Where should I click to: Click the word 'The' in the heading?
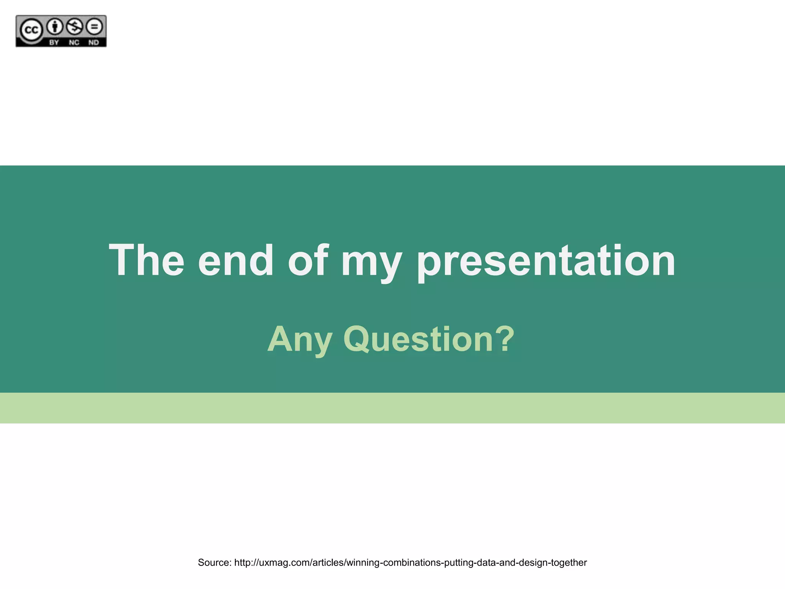click(x=146, y=261)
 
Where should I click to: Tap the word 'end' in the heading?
click(x=236, y=261)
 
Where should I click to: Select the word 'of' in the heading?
click(x=308, y=261)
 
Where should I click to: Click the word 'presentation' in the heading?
click(x=546, y=263)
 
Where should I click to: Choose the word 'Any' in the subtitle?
click(x=299, y=340)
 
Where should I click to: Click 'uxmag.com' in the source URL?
click(x=284, y=563)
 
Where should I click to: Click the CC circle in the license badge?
click(x=31, y=30)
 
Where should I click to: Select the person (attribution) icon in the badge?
click(x=55, y=26)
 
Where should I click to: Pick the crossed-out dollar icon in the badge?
click(x=74, y=26)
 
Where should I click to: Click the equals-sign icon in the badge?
click(x=94, y=26)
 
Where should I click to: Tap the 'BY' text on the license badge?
click(x=54, y=42)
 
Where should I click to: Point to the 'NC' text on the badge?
click(x=74, y=42)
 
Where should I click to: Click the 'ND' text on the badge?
click(x=94, y=42)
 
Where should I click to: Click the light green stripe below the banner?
click(x=392, y=408)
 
